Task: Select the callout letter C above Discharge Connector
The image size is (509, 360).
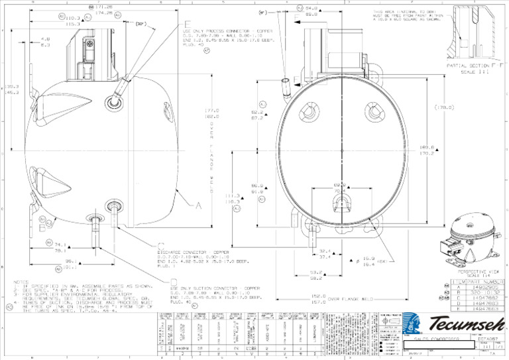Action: tap(161, 245)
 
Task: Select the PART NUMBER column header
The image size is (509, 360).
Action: tap(484, 282)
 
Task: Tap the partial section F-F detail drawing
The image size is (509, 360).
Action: tap(476, 33)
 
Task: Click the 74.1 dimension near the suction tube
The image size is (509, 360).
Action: tap(61, 244)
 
